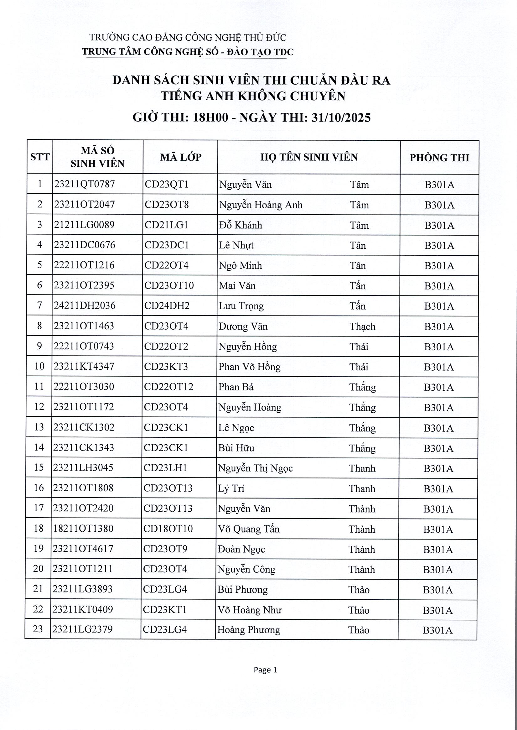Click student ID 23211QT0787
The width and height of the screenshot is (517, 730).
click(x=84, y=184)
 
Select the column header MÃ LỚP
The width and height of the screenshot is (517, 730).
click(x=180, y=157)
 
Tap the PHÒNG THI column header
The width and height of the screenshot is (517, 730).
click(x=439, y=158)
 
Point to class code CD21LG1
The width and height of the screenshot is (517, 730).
click(x=166, y=225)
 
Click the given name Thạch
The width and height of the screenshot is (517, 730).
click(x=362, y=326)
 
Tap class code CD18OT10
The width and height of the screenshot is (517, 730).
click(x=168, y=529)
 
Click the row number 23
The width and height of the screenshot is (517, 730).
click(x=38, y=629)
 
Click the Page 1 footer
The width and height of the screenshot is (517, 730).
click(x=265, y=670)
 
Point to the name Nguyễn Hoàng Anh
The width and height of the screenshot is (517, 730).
click(x=261, y=205)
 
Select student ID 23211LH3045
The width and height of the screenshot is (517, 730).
click(x=83, y=467)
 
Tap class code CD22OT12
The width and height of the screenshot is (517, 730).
click(x=168, y=387)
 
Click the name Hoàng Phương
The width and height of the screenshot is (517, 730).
click(x=248, y=630)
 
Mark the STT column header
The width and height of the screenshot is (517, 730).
click(x=40, y=157)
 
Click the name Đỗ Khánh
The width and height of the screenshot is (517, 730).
click(x=240, y=225)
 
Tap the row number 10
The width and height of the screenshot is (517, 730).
click(x=39, y=366)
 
